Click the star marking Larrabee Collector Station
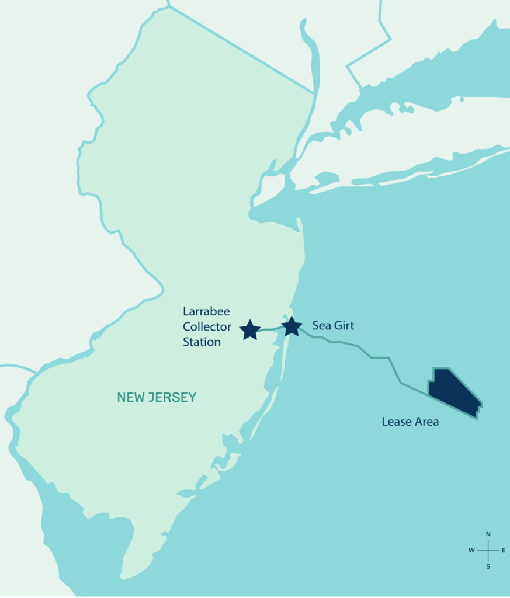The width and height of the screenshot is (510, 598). pyautogui.click(x=250, y=330)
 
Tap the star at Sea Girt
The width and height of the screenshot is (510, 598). pyautogui.click(x=292, y=326)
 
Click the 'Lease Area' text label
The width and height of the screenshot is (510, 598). pyautogui.click(x=410, y=421)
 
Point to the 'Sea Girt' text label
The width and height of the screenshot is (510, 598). pyautogui.click(x=333, y=325)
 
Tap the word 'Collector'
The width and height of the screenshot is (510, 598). pyautogui.click(x=207, y=326)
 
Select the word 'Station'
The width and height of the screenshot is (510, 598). pyautogui.click(x=202, y=342)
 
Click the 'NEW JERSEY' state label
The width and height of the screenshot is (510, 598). pyautogui.click(x=157, y=398)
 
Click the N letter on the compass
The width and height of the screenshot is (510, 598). pyautogui.click(x=488, y=534)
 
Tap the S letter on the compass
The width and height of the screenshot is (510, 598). pyautogui.click(x=488, y=566)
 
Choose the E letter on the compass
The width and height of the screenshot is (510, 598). pyautogui.click(x=504, y=550)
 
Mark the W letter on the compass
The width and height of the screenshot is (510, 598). pyautogui.click(x=471, y=550)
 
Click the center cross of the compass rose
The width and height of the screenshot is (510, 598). pyautogui.click(x=488, y=550)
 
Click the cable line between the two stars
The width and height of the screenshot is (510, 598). pyautogui.click(x=270, y=329)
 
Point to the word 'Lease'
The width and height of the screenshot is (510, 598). pyautogui.click(x=395, y=421)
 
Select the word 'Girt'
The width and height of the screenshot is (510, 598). pyautogui.click(x=344, y=325)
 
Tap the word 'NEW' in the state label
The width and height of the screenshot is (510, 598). pyautogui.click(x=130, y=398)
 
